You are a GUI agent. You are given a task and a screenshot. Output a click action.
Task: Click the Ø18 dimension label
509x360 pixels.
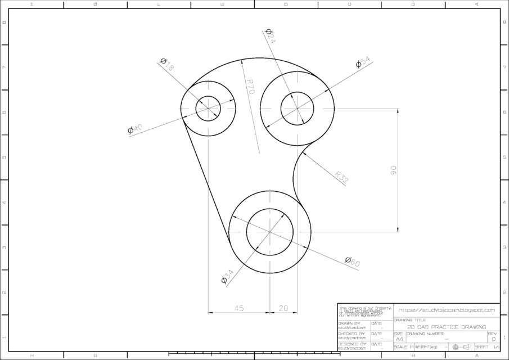[x=167, y=64]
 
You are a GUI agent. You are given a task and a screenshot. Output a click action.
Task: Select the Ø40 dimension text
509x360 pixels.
[x=135, y=129]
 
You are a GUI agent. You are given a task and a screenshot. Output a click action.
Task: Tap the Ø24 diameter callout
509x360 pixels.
[x=270, y=36]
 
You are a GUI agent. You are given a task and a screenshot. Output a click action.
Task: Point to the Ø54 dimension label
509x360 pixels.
[x=363, y=62]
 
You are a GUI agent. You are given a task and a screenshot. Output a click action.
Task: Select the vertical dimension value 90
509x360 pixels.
[x=393, y=170]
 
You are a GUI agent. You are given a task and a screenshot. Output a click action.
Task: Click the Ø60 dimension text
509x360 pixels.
[x=352, y=261]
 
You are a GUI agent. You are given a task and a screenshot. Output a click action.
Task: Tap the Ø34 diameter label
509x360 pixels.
[x=227, y=276]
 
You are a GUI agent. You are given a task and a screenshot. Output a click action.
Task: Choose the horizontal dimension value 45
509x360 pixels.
[x=238, y=308]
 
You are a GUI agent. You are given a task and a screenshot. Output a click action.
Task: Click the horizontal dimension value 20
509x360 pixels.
[x=283, y=308]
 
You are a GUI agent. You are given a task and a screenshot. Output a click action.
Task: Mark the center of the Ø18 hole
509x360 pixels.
[x=208, y=108]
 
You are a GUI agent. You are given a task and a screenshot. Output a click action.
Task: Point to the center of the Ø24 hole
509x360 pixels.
[x=297, y=108]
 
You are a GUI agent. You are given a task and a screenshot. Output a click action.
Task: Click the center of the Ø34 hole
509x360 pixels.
[x=270, y=232]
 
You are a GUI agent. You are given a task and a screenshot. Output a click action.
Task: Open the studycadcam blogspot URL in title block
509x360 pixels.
[x=446, y=310]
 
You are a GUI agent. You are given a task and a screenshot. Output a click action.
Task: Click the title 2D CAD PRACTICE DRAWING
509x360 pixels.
[x=446, y=327]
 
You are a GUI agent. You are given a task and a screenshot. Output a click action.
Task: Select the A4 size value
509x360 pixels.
[x=399, y=339]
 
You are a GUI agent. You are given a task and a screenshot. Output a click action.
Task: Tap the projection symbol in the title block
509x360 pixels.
[x=461, y=347]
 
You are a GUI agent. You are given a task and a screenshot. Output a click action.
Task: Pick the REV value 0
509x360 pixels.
[x=493, y=339]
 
